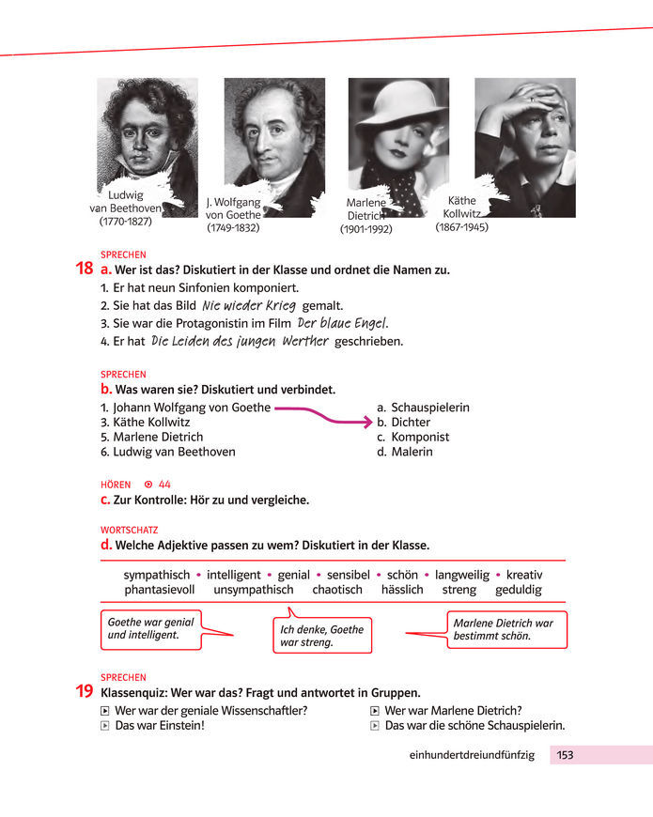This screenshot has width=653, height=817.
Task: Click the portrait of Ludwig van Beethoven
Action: pos(147,131)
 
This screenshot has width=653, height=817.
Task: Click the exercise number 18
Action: pos(84,269)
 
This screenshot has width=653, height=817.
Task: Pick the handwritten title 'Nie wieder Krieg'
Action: pos(249,305)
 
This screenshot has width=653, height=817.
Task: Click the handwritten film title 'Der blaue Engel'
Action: pos(342,323)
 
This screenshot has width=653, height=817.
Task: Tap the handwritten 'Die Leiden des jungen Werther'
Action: pos(240,341)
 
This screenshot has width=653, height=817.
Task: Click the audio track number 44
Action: pos(164,485)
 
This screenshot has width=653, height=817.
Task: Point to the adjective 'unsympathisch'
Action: pos(253,590)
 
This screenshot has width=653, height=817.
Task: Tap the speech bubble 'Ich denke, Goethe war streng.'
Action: pos(322,636)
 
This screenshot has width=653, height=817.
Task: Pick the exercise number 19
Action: pos(84,692)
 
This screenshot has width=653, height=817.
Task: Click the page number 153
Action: pos(565,755)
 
